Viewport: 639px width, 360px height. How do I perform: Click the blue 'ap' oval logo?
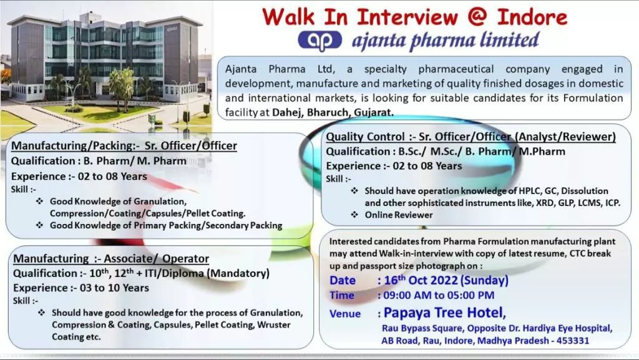pos(320,41)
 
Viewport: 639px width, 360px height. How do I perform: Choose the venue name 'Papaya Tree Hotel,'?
pos(445,313)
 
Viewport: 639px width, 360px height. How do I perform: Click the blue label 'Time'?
pos(341,295)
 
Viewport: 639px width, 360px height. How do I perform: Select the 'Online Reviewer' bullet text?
pos(399,215)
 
